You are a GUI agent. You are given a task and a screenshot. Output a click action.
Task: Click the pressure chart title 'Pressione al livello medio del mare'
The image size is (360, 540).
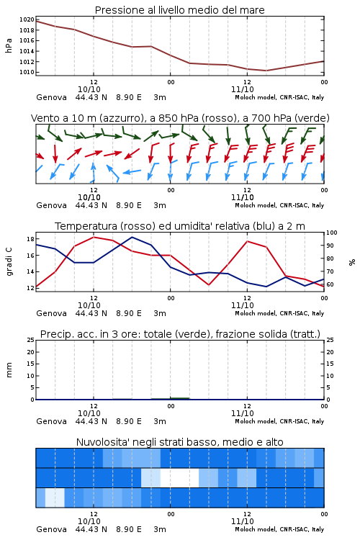179,10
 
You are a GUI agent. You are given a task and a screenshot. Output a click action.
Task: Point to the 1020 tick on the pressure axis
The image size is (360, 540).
27,19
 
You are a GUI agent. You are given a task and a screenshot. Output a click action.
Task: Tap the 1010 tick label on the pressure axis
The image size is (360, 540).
27,72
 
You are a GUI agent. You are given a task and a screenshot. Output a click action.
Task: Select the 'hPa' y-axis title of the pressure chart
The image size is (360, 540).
9,45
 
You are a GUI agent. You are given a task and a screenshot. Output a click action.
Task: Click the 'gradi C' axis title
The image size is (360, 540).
9,262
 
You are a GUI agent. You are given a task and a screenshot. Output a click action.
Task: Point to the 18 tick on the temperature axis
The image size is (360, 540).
30,239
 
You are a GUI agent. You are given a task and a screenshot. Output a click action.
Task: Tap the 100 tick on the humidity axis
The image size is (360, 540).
332,233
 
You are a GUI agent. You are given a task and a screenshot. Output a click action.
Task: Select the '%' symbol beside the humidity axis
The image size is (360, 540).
352,262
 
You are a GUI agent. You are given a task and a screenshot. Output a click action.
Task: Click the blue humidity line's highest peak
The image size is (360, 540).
132,237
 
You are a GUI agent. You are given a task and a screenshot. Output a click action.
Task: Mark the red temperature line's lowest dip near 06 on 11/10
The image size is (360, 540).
208,285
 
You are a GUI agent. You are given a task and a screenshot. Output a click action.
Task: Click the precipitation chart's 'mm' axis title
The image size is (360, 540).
9,370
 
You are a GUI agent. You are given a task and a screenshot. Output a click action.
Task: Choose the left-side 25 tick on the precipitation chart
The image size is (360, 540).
30,340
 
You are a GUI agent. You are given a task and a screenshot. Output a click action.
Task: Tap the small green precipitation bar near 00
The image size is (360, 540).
170,398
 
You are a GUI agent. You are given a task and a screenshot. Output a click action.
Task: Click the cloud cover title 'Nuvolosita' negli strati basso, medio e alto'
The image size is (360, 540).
179,442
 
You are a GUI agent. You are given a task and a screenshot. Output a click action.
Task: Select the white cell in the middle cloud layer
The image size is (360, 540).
179,477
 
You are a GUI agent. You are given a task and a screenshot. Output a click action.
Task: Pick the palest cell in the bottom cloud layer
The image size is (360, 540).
55,498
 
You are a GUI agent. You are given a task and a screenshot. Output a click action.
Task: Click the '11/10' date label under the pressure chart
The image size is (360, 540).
242,89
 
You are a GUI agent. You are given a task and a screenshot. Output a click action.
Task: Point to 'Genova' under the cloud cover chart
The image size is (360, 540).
51,529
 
